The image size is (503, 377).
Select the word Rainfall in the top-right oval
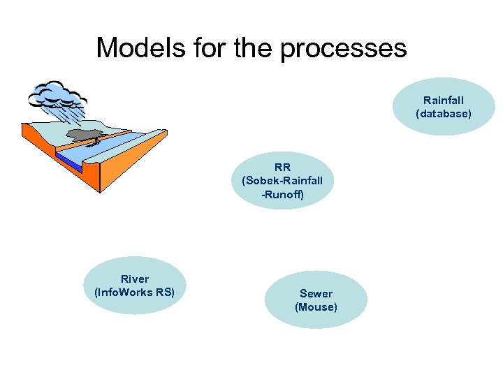coord(444,101)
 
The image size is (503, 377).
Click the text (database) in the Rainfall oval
coord(444,113)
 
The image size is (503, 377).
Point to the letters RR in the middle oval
coord(282,168)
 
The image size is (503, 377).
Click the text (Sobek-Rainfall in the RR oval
coord(282,181)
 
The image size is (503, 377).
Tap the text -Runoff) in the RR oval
coord(282,195)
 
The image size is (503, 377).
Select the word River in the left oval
coord(134,279)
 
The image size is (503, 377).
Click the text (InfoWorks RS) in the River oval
coord(134,293)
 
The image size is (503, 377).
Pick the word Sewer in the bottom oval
coord(316,294)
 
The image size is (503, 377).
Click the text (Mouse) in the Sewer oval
coord(316,307)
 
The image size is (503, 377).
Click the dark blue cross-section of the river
coord(70,162)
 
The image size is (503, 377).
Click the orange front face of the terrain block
coord(133,168)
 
